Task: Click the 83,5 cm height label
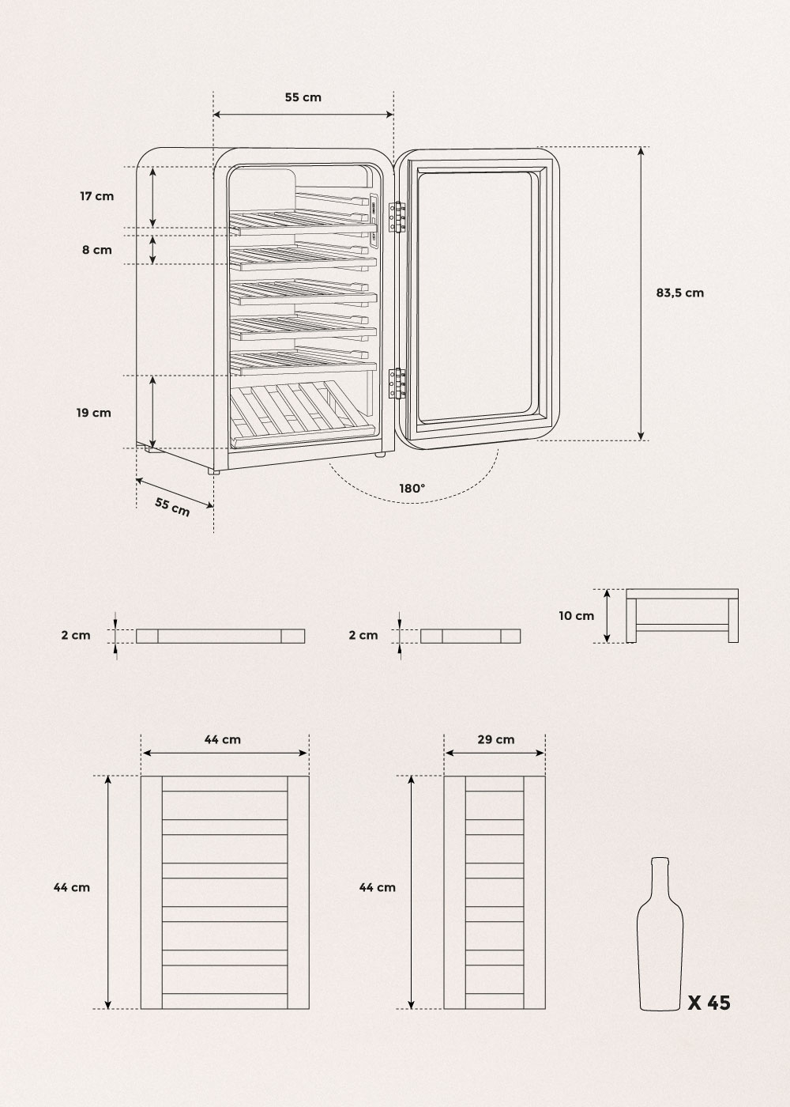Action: [x=679, y=293]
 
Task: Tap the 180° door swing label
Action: [x=412, y=489]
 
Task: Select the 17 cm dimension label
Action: [x=96, y=196]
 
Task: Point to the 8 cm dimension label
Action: [x=96, y=250]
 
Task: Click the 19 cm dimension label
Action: [x=94, y=413]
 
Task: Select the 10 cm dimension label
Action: [x=576, y=616]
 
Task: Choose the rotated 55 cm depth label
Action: [x=172, y=507]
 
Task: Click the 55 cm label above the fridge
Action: [x=303, y=97]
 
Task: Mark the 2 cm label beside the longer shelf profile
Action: [x=76, y=635]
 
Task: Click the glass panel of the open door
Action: [x=477, y=297]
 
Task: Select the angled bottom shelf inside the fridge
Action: [x=301, y=414]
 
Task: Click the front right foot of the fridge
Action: [x=380, y=453]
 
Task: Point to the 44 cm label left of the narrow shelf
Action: [x=378, y=887]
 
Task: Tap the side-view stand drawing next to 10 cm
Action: [x=683, y=616]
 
